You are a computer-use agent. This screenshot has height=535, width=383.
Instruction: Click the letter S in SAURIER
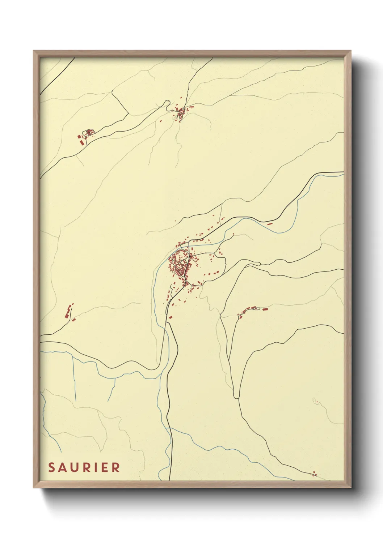pos(52,467)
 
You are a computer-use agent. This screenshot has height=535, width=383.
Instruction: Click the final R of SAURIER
pos(116,467)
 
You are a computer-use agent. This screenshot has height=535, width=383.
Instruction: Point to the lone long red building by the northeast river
pos(269,224)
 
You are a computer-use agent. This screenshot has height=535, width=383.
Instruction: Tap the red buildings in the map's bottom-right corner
pos(314,474)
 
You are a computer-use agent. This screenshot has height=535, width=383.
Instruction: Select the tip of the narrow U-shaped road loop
pos(236,397)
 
